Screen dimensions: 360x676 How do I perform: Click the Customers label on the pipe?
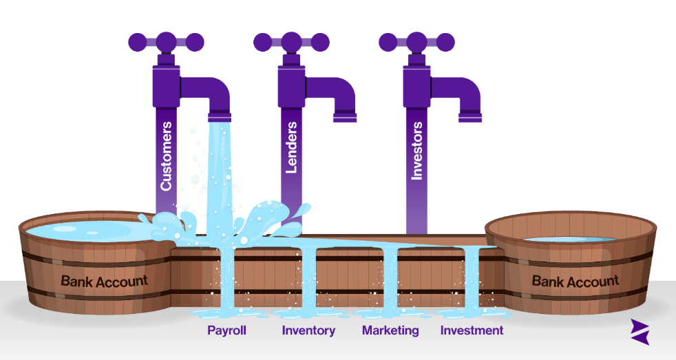pos(167,157)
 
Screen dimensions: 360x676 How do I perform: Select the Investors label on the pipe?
pos(416,151)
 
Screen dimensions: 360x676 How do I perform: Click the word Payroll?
pos(226,330)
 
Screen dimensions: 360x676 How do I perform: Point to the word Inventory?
pos(308,330)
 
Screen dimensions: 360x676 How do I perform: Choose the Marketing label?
pos(390,330)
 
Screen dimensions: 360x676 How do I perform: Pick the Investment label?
pos(472,330)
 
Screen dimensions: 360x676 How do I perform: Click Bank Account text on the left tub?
pos(104,281)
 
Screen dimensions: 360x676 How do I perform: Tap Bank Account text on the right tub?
pos(575,281)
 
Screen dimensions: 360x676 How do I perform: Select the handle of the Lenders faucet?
pos(291,41)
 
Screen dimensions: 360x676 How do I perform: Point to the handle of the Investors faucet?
pos(417,41)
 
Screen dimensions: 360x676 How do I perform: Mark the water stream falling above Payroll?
pos(226,282)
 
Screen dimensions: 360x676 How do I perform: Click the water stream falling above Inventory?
pos(308,282)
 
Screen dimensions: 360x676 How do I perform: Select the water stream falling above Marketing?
pos(390,282)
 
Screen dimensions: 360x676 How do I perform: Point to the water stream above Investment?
pos(472,282)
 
